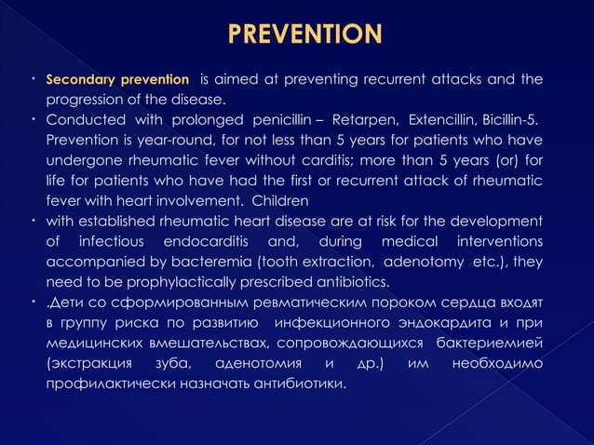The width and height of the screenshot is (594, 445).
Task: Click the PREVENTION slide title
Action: point(304,36)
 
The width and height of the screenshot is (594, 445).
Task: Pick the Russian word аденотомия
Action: point(258,361)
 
